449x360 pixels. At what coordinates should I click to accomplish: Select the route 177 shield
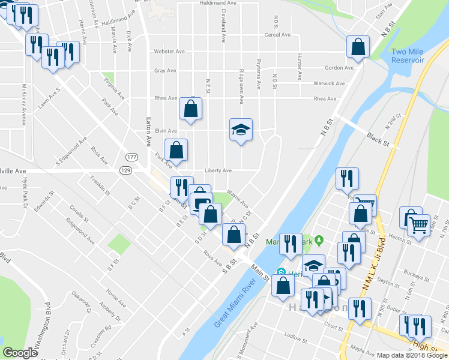(131, 157)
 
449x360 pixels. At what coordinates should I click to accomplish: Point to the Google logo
(20, 353)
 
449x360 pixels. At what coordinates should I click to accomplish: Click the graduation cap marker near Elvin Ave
(241, 130)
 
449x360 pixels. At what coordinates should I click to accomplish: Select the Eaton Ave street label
(146, 123)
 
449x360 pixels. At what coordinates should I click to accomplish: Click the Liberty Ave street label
(218, 170)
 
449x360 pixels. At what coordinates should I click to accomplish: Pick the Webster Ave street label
(169, 52)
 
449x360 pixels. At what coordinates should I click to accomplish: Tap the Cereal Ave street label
(277, 35)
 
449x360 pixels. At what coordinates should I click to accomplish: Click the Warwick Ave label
(328, 83)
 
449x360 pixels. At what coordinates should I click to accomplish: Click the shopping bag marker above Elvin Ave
(190, 109)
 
